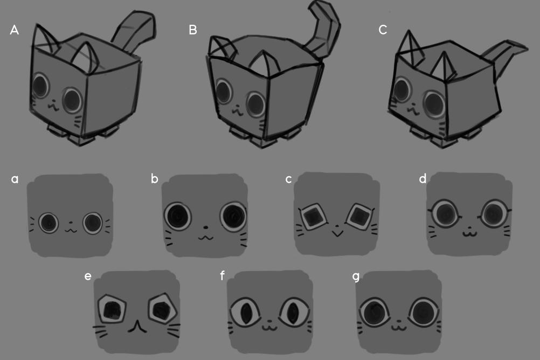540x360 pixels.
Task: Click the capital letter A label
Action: pos(14,30)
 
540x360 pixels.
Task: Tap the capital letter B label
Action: pos(193,30)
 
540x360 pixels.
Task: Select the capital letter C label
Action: pos(383,30)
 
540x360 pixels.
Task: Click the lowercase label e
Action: pos(88,276)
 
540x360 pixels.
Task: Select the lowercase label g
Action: pos(356,276)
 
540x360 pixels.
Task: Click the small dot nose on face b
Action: pos(206,227)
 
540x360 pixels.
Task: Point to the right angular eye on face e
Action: pos(162,308)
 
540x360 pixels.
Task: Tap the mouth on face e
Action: pos(137,326)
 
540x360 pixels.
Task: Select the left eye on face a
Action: pos(49,223)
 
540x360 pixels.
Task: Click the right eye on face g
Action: pos(424,313)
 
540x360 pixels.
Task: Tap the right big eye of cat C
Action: pos(434,103)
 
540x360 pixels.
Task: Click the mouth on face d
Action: pos(469,233)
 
